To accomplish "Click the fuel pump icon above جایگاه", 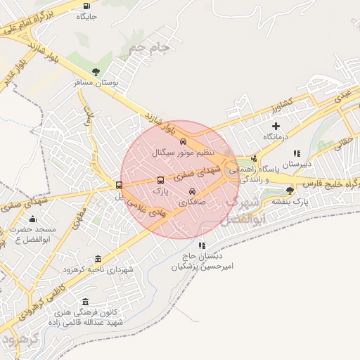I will click(x=86, y=5).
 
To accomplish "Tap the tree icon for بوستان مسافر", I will click(x=96, y=71).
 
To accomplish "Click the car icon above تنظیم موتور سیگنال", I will click(x=184, y=141).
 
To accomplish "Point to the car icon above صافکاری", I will click(x=193, y=191).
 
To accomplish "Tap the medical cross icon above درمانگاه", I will click(x=276, y=126).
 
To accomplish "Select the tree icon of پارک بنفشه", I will click(x=290, y=191).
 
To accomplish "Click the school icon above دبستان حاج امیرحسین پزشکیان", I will click(x=202, y=246).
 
